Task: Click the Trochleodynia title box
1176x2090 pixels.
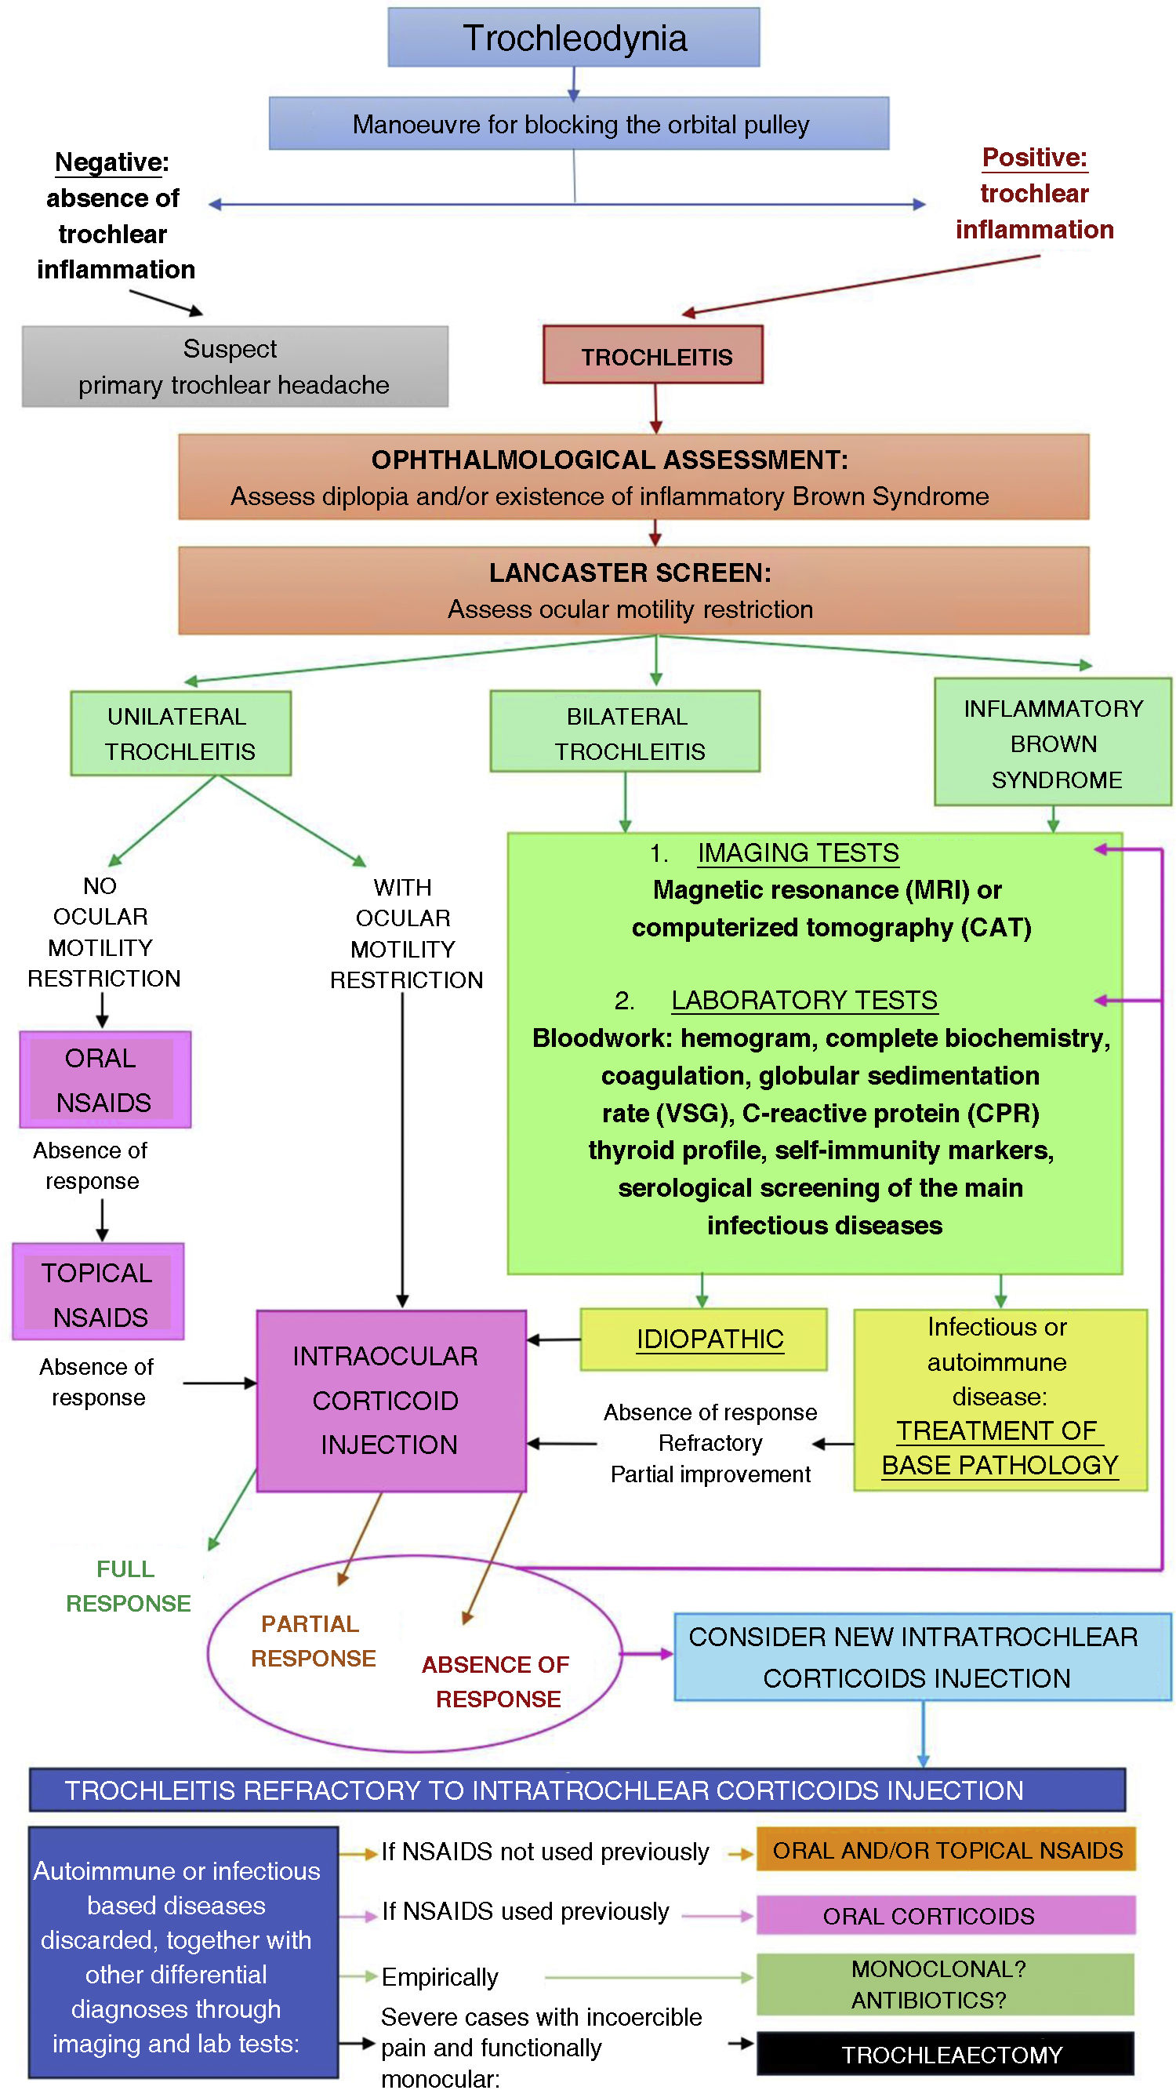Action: pos(573,38)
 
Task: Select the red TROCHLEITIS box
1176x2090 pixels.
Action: pos(653,354)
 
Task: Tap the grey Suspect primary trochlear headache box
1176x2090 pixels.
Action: pos(234,366)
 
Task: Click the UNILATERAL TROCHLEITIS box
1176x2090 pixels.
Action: pos(180,733)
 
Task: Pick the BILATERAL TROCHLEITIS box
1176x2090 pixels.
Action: pos(625,732)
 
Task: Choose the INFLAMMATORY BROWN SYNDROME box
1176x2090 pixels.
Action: pos(1053,743)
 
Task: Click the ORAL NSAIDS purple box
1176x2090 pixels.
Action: pos(104,1080)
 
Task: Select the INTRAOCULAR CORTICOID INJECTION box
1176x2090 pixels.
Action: pos(391,1401)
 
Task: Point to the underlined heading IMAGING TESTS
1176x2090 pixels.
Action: pos(797,852)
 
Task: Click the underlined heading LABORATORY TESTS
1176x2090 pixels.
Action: pos(804,1001)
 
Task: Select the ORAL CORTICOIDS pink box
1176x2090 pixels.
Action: pos(945,1916)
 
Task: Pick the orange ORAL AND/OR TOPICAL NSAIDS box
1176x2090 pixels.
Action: pos(945,1850)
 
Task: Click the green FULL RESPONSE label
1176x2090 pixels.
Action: pos(127,1587)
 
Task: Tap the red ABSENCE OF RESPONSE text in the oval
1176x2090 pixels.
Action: pos(495,1681)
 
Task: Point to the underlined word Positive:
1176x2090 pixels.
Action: pos(1034,157)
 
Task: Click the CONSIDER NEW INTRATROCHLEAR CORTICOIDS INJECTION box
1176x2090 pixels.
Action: pos(922,1657)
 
